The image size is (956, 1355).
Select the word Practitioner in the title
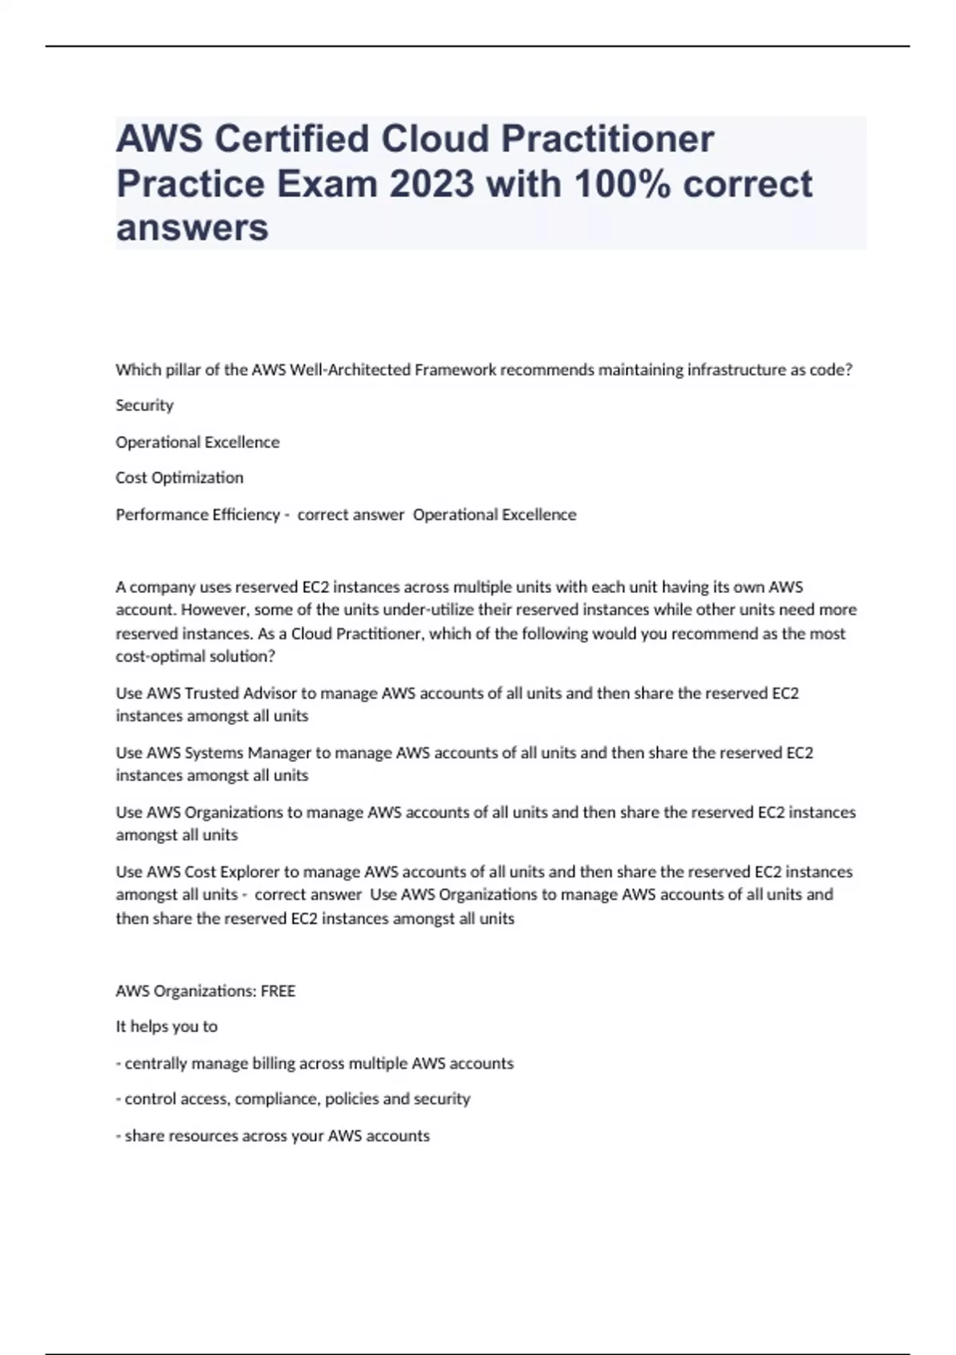(x=607, y=139)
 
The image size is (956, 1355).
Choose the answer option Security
(x=144, y=406)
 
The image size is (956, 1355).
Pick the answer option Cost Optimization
(x=179, y=478)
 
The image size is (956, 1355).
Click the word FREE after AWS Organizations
(x=278, y=992)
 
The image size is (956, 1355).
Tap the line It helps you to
(x=167, y=1027)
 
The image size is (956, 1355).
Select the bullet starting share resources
(x=272, y=1136)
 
